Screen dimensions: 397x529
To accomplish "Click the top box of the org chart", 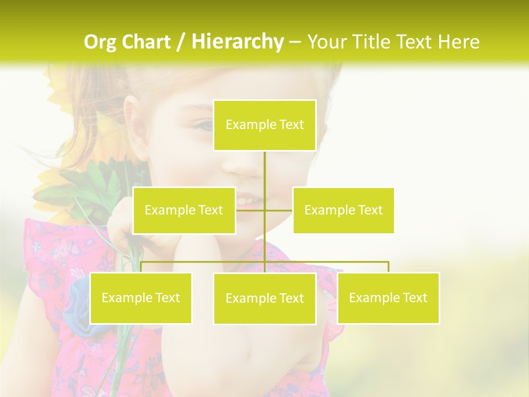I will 264,125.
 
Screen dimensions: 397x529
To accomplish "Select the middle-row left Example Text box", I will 184,210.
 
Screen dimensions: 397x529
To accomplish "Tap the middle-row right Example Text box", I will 343,210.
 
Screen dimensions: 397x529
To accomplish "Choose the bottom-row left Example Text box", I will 141,298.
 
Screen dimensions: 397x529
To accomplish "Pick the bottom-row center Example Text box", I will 264,298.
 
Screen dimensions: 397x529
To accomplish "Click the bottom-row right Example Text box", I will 388,298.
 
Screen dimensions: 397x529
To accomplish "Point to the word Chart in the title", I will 146,42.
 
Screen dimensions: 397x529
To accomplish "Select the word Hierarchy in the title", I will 237,42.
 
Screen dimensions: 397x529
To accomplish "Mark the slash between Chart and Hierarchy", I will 181,42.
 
